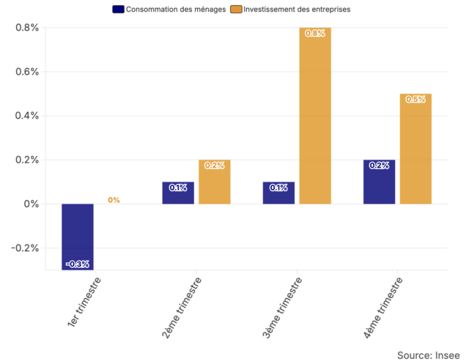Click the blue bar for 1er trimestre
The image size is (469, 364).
pyautogui.click(x=78, y=236)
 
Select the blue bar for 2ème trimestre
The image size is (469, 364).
pyautogui.click(x=178, y=193)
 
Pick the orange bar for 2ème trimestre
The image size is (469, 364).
pyautogui.click(x=214, y=182)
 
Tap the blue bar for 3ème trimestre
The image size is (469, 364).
pyautogui.click(x=278, y=193)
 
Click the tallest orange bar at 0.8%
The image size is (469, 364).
pyautogui.click(x=314, y=116)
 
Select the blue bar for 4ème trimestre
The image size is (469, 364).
pyautogui.click(x=379, y=182)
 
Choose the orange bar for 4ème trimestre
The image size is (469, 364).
pyautogui.click(x=416, y=149)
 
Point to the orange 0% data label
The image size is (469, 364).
pyautogui.click(x=114, y=200)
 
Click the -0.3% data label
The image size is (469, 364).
pyautogui.click(x=78, y=264)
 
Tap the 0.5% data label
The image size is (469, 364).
pyautogui.click(x=416, y=100)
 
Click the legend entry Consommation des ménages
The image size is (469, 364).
pyautogui.click(x=169, y=10)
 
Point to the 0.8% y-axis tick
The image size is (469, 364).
pyautogui.click(x=26, y=28)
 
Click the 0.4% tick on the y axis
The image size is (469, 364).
pyautogui.click(x=26, y=116)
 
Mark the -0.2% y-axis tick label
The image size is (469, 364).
pyautogui.click(x=24, y=248)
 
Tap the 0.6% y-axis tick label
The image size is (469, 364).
pyautogui.click(x=26, y=72)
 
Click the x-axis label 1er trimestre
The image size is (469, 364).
pyautogui.click(x=83, y=302)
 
